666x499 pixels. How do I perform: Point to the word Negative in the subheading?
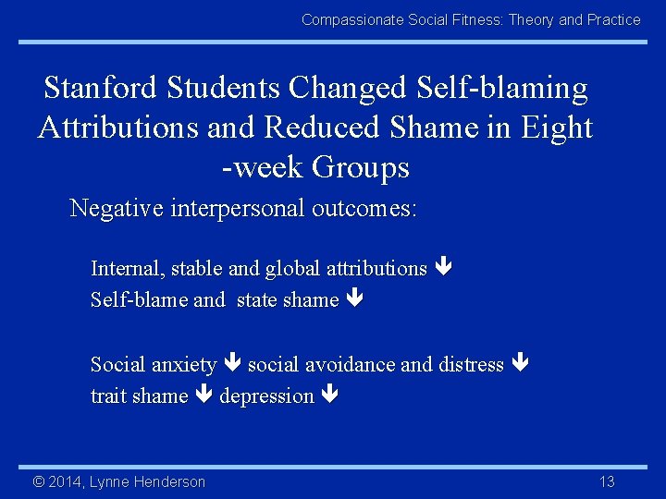[x=117, y=208]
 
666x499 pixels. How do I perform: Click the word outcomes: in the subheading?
[x=366, y=208]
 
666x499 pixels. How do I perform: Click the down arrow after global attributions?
[x=442, y=269]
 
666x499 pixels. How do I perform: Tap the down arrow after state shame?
[x=354, y=300]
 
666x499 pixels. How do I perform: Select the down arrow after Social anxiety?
[x=232, y=365]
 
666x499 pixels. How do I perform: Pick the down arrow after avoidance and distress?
[x=519, y=365]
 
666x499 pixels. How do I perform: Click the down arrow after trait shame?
[x=203, y=396]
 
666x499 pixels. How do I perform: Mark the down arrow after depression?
[x=330, y=396]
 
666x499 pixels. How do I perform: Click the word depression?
[x=266, y=396]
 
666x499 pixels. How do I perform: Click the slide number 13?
[x=607, y=481]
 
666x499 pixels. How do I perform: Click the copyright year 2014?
[x=64, y=481]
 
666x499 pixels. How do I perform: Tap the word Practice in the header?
[x=614, y=19]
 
